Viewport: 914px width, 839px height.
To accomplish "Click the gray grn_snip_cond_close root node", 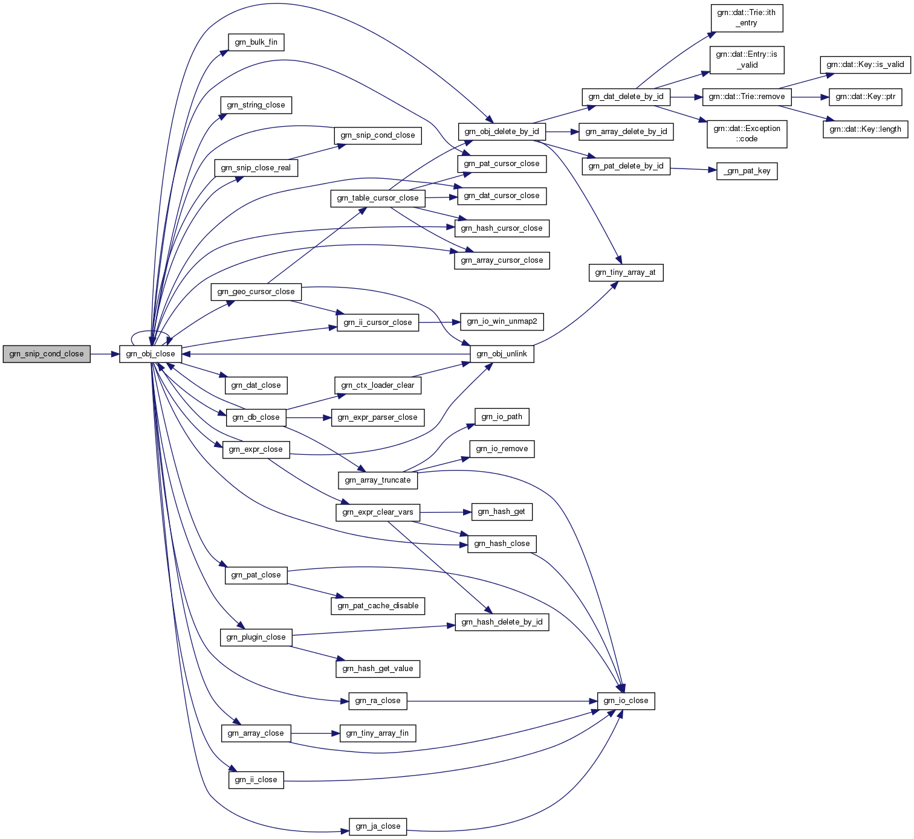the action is (x=47, y=354).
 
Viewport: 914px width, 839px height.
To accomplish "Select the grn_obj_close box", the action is (x=151, y=354).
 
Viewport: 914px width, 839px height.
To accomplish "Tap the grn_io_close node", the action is (x=626, y=701).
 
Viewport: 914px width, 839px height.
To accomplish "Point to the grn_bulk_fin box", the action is (x=256, y=42).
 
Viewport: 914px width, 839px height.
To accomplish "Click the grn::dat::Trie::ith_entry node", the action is (x=747, y=18).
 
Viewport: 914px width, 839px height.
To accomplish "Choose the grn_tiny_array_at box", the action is (x=626, y=272).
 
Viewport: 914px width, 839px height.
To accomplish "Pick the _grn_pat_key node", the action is (x=747, y=172).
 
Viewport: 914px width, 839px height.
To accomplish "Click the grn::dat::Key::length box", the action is (x=865, y=129).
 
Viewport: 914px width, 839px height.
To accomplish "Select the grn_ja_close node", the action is (x=378, y=826).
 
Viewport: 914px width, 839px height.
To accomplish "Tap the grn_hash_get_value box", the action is (x=378, y=669).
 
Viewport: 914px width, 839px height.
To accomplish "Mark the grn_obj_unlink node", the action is (x=502, y=354).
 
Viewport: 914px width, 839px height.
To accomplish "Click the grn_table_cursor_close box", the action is (x=378, y=198).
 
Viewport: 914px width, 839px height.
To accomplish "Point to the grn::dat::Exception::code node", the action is (x=747, y=133).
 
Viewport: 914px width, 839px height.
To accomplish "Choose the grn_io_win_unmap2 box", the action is (x=502, y=321).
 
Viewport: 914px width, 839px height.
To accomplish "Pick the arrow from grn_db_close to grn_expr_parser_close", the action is (x=308, y=417).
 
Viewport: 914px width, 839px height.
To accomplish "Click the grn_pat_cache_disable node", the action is (x=378, y=606).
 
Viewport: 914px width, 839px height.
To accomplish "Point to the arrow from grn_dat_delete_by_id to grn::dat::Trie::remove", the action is (x=686, y=97).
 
